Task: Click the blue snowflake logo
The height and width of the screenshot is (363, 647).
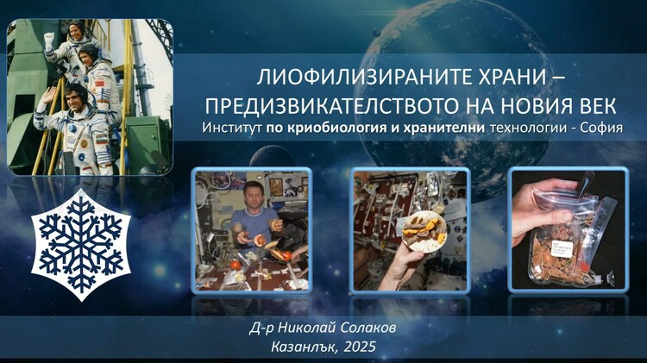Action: (x=81, y=243)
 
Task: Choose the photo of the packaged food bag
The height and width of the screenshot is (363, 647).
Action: (x=568, y=231)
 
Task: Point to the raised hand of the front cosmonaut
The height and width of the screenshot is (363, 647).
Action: (x=42, y=97)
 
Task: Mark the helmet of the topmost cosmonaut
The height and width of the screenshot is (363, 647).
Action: (x=74, y=31)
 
